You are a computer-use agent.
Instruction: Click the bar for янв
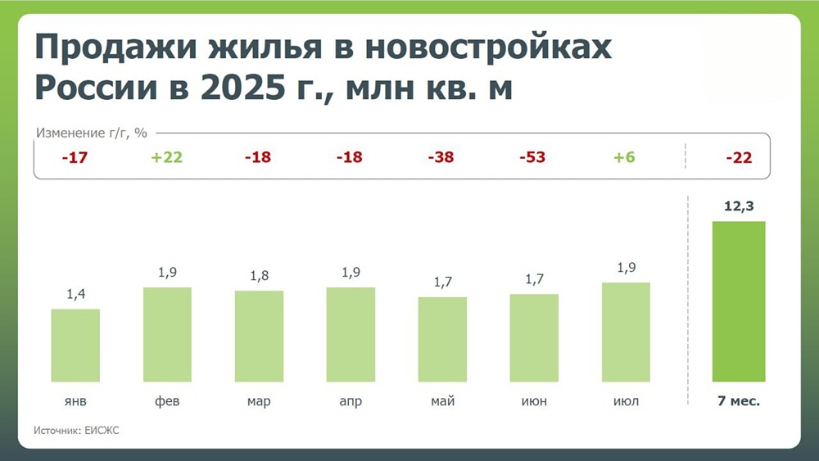[x=75, y=345]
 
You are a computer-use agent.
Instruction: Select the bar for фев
[x=167, y=334]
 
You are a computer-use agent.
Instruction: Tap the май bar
[x=442, y=339]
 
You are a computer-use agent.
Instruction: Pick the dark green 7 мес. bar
[x=739, y=301]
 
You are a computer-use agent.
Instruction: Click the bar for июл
[x=626, y=332]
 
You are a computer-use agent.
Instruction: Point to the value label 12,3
[x=739, y=207]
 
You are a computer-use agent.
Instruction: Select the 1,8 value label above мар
[x=259, y=277]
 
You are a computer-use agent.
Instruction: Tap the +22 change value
[x=167, y=158]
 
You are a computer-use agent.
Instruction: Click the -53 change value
[x=534, y=158]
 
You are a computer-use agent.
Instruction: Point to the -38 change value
[x=442, y=158]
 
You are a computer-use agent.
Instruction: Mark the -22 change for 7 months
[x=739, y=158]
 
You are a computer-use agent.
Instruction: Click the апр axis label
[x=351, y=401]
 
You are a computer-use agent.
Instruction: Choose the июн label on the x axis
[x=534, y=401]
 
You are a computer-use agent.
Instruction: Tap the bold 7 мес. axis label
[x=739, y=401]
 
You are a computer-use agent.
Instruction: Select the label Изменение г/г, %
[x=91, y=133]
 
